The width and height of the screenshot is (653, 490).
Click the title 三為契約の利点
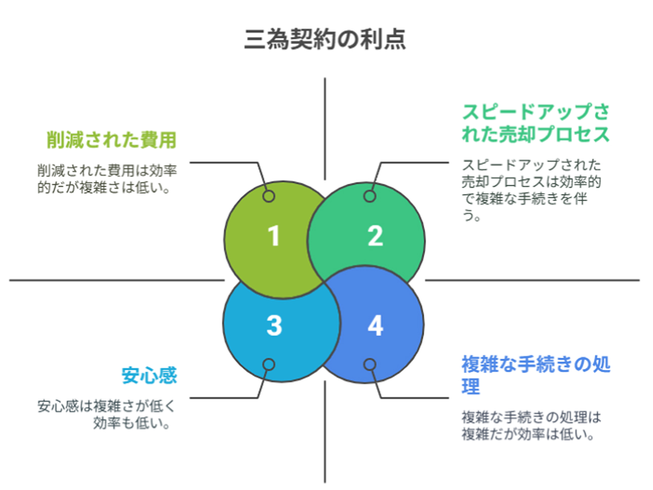[325, 39]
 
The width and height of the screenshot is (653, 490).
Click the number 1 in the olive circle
[274, 235]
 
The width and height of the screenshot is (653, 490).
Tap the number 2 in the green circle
[375, 235]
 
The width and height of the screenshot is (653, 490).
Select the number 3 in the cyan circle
[274, 325]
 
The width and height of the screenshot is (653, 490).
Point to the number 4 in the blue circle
[376, 325]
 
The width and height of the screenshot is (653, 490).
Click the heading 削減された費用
[112, 140]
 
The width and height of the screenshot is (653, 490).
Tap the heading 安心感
[149, 375]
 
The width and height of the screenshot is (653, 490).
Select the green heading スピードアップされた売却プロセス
[536, 123]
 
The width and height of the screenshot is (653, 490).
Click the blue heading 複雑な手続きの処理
[536, 375]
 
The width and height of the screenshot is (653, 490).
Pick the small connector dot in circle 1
[269, 196]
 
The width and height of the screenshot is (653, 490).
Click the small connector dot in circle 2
[370, 196]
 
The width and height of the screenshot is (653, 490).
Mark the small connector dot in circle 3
[269, 364]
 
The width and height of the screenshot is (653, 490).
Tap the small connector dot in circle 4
[370, 364]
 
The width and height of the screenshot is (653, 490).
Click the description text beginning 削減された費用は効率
[107, 179]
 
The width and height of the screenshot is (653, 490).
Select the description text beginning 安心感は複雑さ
[106, 415]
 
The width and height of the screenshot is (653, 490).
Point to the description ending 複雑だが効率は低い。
[532, 426]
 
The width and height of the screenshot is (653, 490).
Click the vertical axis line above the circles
[325, 129]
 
